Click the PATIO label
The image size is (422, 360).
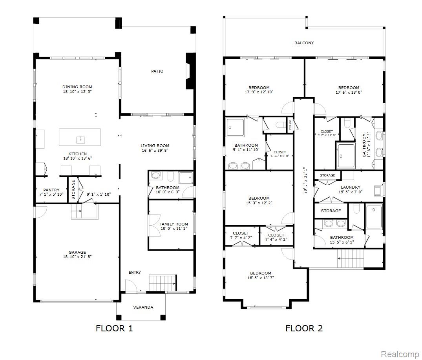point(157,71)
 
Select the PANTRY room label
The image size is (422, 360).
point(51,190)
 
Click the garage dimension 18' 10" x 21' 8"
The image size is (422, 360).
point(77,257)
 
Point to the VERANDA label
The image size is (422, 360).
point(143,307)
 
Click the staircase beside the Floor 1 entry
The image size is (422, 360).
point(163,283)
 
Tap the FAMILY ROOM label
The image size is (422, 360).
point(174,224)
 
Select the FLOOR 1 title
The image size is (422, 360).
point(114,328)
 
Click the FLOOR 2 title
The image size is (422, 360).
point(304,328)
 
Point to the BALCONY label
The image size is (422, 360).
point(304,43)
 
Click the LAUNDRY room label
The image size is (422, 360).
point(351,187)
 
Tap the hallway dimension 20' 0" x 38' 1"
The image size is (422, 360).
point(305,180)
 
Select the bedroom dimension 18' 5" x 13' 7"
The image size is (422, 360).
point(261,278)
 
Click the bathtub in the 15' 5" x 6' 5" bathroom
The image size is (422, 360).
point(374,217)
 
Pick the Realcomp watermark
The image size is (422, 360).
point(399,354)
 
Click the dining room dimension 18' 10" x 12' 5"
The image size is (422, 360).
point(77,92)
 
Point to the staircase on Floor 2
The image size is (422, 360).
point(351,258)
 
